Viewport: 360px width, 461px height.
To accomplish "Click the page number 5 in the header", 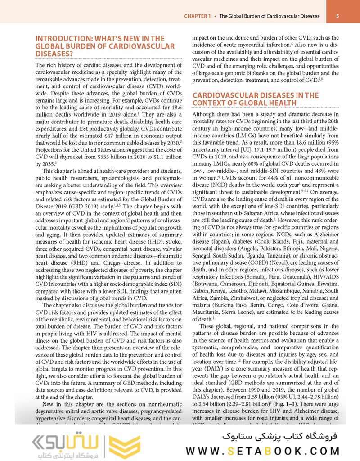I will (344, 16).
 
